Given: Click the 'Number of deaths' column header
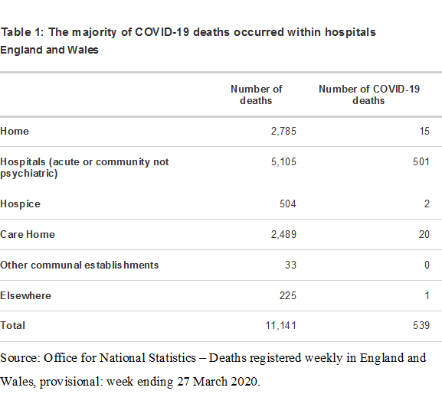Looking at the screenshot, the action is (256, 95).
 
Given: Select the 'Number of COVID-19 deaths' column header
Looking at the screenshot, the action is (369, 95).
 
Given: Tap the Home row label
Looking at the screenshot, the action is (15, 131).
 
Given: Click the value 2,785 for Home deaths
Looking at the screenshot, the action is (283, 131).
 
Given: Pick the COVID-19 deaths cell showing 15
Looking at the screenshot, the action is (424, 131).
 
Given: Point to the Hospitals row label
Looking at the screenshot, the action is (84, 168).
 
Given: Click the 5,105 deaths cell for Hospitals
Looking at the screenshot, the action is (283, 162).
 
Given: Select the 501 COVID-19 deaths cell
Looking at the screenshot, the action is (421, 162).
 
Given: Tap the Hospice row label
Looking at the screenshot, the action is (20, 204).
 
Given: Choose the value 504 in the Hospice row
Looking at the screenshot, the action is (288, 203).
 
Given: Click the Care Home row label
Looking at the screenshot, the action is (28, 234).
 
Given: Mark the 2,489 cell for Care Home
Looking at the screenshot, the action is (283, 234).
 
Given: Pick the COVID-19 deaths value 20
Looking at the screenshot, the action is (424, 234).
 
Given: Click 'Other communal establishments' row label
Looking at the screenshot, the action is (79, 265).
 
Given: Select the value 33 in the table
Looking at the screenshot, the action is (290, 265).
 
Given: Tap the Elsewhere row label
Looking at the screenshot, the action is (25, 296).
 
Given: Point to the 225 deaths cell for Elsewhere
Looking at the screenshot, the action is (288, 296).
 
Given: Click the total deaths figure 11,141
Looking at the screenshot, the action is (281, 326).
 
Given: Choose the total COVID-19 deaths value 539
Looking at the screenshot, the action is (421, 326).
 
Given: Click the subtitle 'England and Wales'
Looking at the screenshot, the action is (49, 50).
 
